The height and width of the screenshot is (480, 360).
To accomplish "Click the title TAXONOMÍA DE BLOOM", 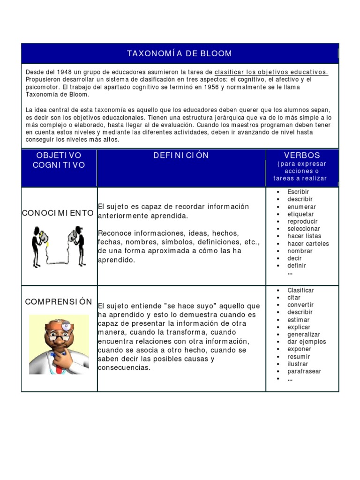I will [x=180, y=53].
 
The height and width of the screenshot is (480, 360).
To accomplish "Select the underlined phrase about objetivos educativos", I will [x=271, y=72].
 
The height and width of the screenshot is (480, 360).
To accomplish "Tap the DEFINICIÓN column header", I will [x=181, y=155].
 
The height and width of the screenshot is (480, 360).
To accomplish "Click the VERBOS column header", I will [x=302, y=155].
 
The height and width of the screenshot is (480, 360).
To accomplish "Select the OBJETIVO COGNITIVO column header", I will [x=59, y=160].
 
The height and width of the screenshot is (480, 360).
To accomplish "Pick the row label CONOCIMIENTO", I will [x=58, y=213].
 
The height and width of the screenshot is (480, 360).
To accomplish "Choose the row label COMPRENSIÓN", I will [x=59, y=301].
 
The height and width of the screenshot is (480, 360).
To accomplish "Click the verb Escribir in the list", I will [x=298, y=192].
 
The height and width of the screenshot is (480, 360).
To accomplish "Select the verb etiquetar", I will [x=300, y=214].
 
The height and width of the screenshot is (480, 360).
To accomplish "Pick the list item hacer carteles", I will [x=308, y=244].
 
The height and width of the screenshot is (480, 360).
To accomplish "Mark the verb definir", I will [x=296, y=265].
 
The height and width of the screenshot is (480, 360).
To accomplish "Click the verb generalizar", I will [x=304, y=335].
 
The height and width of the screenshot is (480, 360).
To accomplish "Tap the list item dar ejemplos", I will [x=307, y=342].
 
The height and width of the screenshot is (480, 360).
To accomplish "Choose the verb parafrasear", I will [x=304, y=371].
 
